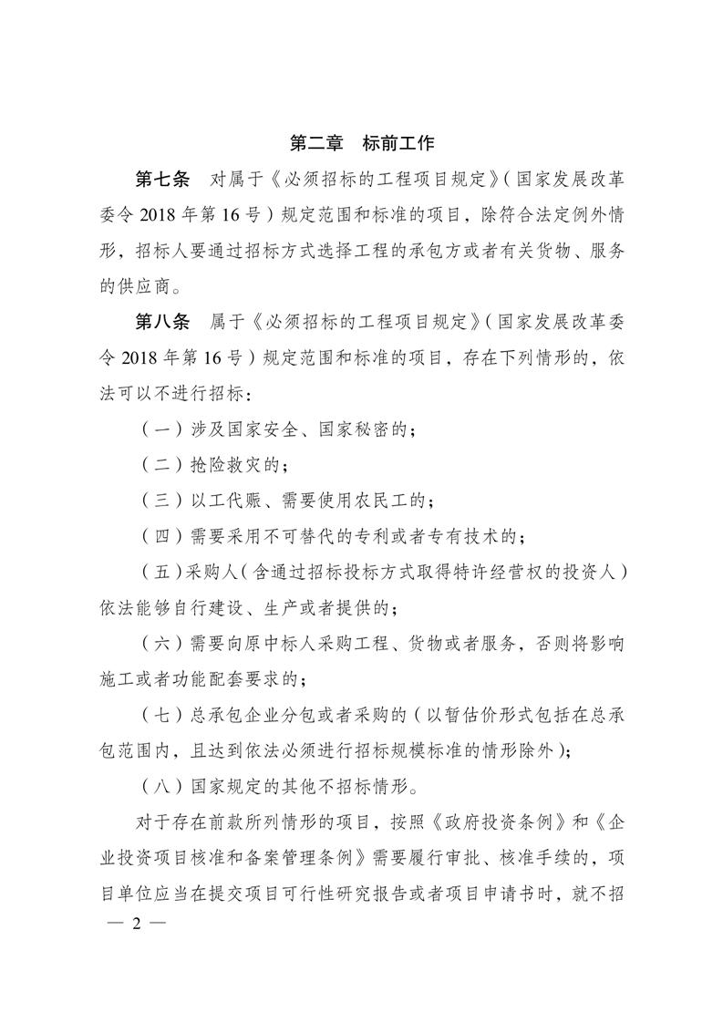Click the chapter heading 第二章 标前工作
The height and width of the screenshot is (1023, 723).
pyautogui.click(x=362, y=142)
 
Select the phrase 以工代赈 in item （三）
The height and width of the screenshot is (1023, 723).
pyautogui.click(x=232, y=501)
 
